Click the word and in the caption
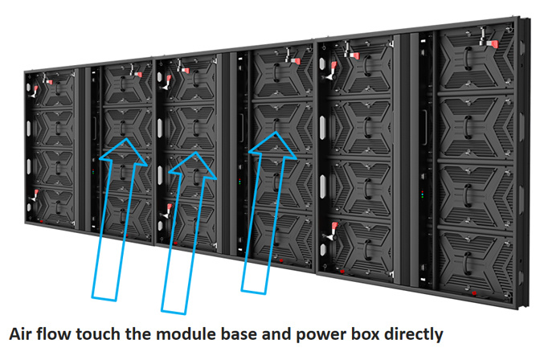pos(276,333)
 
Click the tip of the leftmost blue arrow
pos(126,138)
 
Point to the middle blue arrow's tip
pos(195,152)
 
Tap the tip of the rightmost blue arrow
pos(276,132)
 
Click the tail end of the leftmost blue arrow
pos(104,298)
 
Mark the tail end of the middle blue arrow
pos(174,312)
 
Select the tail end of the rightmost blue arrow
pos(253,292)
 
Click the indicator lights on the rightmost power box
pos(423,194)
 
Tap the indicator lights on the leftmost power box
pos(93,170)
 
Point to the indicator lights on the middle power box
pos(240,182)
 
